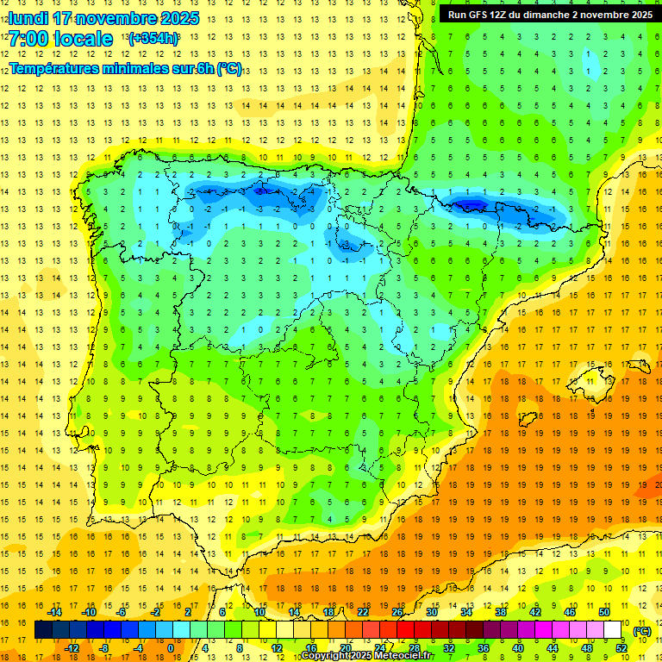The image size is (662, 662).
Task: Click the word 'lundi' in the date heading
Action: [x=28, y=18]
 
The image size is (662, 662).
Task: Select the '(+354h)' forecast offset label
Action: [x=153, y=39]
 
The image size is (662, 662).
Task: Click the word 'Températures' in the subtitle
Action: [x=53, y=69]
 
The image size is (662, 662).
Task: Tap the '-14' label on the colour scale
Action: [x=55, y=612]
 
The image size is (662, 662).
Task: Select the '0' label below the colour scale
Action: [x=170, y=648]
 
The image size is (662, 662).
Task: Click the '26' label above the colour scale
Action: [x=397, y=612]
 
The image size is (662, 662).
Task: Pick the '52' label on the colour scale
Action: [x=621, y=648]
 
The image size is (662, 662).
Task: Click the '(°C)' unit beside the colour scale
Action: [x=641, y=631]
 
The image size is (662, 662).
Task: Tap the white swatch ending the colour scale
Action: [x=613, y=630]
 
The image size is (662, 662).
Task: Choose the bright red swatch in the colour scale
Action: [x=406, y=630]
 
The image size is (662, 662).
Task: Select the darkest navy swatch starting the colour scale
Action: [x=43, y=630]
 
